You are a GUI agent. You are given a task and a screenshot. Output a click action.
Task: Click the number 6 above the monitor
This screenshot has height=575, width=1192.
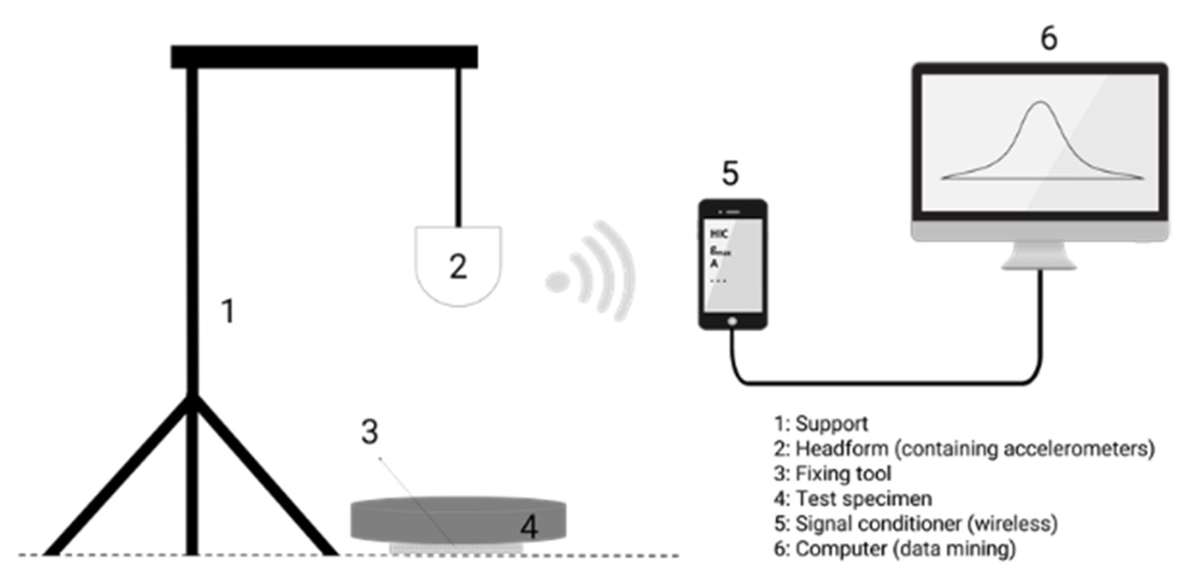tap(1049, 38)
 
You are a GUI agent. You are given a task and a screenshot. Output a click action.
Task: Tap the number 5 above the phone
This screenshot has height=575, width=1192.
tap(730, 174)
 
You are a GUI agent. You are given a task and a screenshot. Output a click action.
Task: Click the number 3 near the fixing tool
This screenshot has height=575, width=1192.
tap(369, 433)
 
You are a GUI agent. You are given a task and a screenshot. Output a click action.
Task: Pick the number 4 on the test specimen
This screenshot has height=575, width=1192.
tap(529, 527)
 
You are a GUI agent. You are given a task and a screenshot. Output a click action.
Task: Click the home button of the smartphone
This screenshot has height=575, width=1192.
tap(731, 321)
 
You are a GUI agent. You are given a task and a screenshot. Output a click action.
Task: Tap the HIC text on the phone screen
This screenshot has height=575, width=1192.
tap(719, 234)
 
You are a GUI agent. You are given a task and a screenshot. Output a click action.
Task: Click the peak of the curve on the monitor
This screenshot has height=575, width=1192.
tap(1041, 102)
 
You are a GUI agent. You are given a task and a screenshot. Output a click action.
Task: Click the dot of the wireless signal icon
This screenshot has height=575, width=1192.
tap(557, 282)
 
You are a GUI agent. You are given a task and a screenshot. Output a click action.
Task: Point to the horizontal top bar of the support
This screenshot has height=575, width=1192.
tap(324, 56)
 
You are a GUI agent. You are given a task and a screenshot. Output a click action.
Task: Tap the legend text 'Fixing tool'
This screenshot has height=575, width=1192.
tap(843, 473)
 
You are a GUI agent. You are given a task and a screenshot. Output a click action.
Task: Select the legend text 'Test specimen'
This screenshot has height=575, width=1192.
tap(863, 499)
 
